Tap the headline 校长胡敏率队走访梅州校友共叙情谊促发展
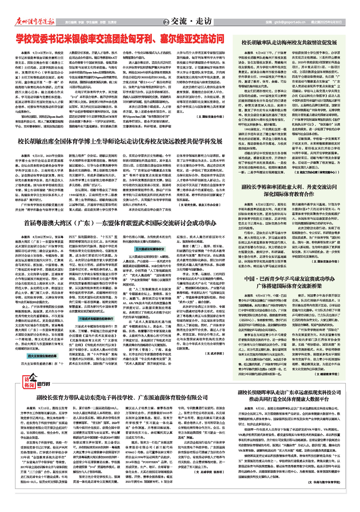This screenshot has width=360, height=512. (289, 43)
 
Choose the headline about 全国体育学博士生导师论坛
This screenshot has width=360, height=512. (120, 141)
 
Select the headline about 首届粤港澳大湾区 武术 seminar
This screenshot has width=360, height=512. (120, 223)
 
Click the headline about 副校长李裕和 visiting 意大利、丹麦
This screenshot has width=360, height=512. (289, 190)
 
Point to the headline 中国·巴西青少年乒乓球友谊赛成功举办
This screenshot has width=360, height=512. (289, 282)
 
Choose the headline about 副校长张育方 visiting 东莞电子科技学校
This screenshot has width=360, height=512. (122, 398)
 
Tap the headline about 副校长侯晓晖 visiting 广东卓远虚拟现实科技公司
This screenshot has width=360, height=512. (289, 396)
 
